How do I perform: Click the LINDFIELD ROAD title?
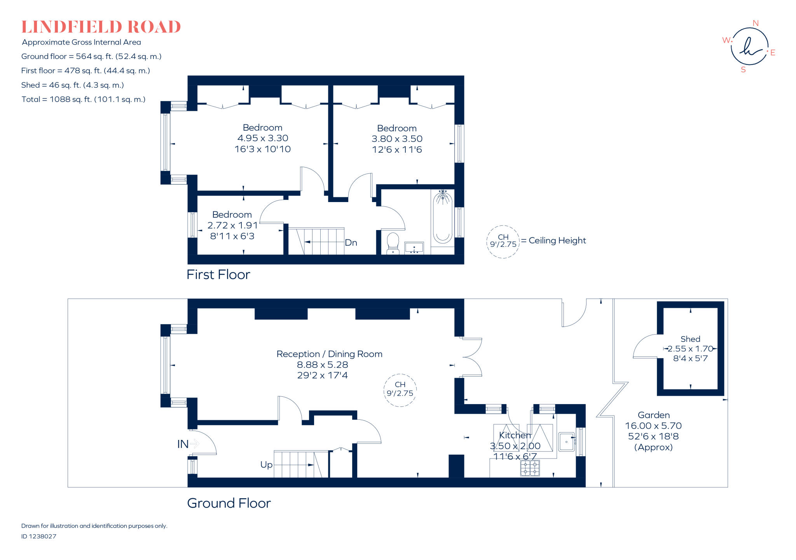(x=101, y=27)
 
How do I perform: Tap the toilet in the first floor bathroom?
(x=393, y=243)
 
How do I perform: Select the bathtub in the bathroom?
(x=442, y=218)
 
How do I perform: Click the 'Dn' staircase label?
(x=351, y=243)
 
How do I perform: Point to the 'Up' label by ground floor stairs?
(x=266, y=465)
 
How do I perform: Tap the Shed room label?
(x=690, y=339)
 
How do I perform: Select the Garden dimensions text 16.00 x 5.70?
(x=653, y=426)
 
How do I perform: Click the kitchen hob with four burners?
(x=530, y=468)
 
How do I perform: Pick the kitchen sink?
(x=566, y=442)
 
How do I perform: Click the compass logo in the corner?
(x=749, y=47)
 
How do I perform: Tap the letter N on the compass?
(x=756, y=23)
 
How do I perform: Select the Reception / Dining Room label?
(x=329, y=354)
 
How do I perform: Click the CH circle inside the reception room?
(x=400, y=390)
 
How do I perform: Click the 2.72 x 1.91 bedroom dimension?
(x=232, y=225)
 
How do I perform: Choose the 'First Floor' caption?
(x=218, y=275)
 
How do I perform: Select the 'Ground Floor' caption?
(x=229, y=503)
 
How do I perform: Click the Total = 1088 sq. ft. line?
(x=84, y=99)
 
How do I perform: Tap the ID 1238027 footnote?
(x=39, y=536)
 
